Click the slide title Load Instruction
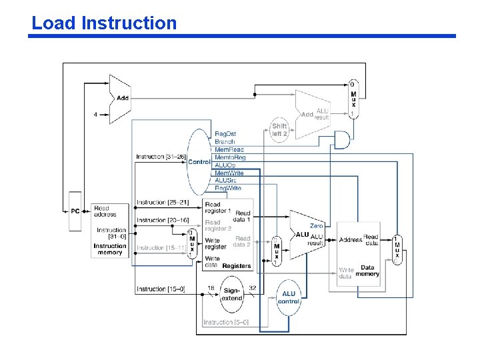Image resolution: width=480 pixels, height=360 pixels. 104,23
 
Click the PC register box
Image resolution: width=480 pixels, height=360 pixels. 75,211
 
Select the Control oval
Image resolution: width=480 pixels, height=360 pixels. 199,161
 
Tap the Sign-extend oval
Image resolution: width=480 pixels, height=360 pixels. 232,295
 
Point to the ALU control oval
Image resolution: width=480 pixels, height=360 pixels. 289,297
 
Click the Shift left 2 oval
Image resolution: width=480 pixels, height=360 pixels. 279,129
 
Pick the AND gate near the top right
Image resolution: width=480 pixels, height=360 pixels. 342,139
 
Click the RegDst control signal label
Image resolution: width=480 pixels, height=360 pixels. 225,134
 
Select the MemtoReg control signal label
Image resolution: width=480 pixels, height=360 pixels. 230,157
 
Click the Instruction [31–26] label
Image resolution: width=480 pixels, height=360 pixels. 161,157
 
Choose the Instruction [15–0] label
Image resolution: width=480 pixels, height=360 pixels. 161,289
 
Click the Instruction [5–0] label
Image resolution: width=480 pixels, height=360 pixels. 226,323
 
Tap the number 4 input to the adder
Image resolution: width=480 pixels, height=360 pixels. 95,114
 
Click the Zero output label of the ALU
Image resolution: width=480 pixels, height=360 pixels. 316,227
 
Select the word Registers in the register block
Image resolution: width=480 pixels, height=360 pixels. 237,266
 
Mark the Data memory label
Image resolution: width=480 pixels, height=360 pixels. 367,271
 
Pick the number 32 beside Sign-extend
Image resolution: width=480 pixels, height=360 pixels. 253,287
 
